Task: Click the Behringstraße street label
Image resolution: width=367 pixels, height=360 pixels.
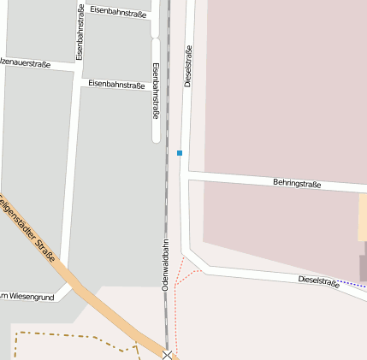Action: tap(297, 183)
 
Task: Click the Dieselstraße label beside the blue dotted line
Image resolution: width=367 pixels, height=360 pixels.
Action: tap(318, 281)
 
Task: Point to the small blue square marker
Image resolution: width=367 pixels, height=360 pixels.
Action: tap(180, 153)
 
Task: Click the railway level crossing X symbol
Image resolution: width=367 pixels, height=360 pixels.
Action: tap(168, 354)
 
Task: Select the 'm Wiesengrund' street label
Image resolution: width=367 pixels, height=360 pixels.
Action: tap(27, 297)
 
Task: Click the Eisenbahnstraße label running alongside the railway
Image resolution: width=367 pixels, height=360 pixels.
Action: tap(155, 89)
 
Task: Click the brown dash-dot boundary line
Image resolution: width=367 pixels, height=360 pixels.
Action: tap(68, 335)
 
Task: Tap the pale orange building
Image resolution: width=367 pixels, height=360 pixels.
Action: tap(363, 218)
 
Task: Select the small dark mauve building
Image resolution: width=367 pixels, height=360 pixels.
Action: tap(363, 267)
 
